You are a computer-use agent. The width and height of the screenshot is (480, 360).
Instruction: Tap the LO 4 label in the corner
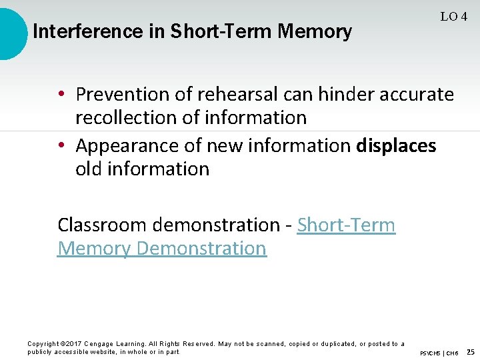[x=453, y=17]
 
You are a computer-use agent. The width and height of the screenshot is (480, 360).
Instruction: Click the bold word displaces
[x=396, y=145]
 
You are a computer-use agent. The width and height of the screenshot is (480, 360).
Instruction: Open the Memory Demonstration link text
[x=162, y=249]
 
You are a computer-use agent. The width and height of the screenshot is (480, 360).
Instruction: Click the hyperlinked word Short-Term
[x=346, y=225]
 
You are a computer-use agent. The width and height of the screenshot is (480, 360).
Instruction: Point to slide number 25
[x=471, y=351]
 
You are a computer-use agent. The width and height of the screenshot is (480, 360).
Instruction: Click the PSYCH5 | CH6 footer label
[x=439, y=353]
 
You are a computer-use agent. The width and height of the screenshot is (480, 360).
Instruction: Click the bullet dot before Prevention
[x=61, y=95]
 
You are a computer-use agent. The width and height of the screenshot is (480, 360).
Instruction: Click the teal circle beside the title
[x=9, y=32]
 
